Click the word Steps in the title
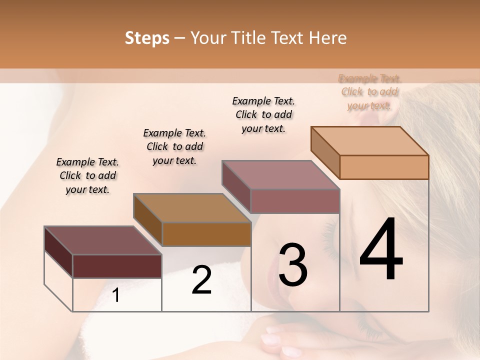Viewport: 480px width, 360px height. pos(147,38)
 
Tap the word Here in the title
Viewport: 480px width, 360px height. pos(327,38)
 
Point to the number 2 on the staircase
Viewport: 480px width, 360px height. pos(202,280)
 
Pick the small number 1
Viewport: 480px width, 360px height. pos(116,295)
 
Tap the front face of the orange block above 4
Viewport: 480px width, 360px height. pos(384,167)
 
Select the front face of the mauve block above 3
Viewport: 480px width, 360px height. pos(295,201)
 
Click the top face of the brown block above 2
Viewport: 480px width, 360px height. pos(192,208)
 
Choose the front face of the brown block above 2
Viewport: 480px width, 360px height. pos(206,234)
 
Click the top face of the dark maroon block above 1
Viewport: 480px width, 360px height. pos(102,240)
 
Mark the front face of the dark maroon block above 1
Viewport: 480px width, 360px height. pos(117,266)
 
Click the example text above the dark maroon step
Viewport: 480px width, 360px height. pos(87,176)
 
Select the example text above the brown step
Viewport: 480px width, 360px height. pos(174,146)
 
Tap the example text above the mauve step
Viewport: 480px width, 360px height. pos(263,114)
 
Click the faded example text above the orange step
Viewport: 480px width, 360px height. pos(369,92)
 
